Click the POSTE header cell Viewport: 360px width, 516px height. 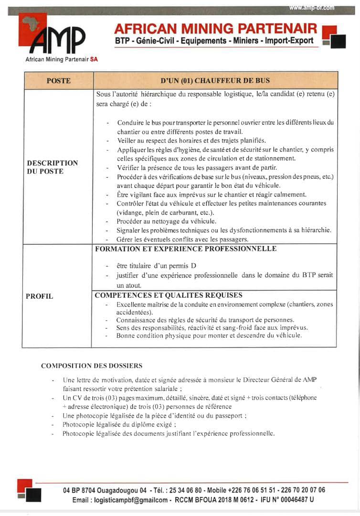58,81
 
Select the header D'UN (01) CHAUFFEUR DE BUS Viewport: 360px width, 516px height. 215,81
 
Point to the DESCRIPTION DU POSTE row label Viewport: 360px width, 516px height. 53,167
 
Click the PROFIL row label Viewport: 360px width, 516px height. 40,296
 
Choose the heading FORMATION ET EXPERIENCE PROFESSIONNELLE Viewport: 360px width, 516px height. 186,248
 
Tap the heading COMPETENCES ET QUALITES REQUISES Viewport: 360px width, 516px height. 169,295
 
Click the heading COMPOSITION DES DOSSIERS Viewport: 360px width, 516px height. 92,365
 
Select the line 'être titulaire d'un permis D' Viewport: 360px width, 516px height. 156,266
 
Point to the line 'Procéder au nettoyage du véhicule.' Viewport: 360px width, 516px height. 166,221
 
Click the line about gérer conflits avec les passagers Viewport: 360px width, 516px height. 182,239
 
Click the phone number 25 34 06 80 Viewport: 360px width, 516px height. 184,490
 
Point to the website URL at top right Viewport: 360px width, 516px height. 312,8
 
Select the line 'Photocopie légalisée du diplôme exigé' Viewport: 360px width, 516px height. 119,424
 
